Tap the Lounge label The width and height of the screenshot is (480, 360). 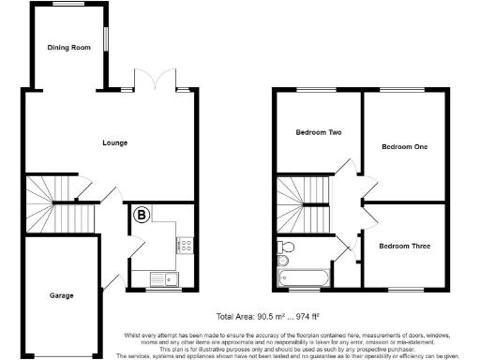(x=115, y=142)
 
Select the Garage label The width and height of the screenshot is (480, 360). (x=62, y=295)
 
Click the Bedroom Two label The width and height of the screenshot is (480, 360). (x=318, y=132)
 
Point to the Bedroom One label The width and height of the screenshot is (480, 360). (x=404, y=147)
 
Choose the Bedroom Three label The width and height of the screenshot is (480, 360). (x=404, y=246)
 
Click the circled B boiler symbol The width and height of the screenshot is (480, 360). (x=142, y=215)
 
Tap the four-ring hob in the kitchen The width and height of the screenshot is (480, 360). (x=186, y=246)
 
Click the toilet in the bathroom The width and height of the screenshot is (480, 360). (x=286, y=247)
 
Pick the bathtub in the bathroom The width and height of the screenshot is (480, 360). (x=302, y=278)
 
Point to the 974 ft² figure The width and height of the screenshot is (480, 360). (x=316, y=316)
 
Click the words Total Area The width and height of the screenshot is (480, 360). (x=234, y=316)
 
